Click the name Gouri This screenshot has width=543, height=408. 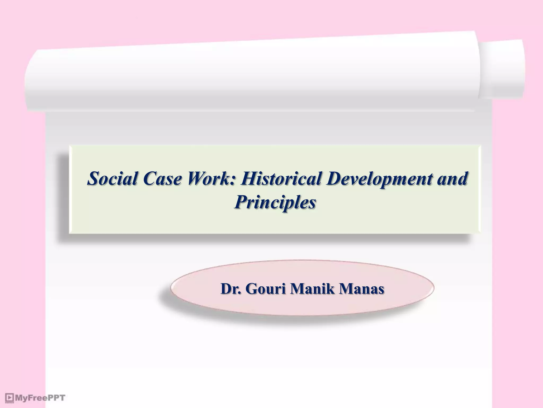(266, 289)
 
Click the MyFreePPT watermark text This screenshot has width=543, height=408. (40, 398)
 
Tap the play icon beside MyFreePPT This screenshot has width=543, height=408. (10, 398)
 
